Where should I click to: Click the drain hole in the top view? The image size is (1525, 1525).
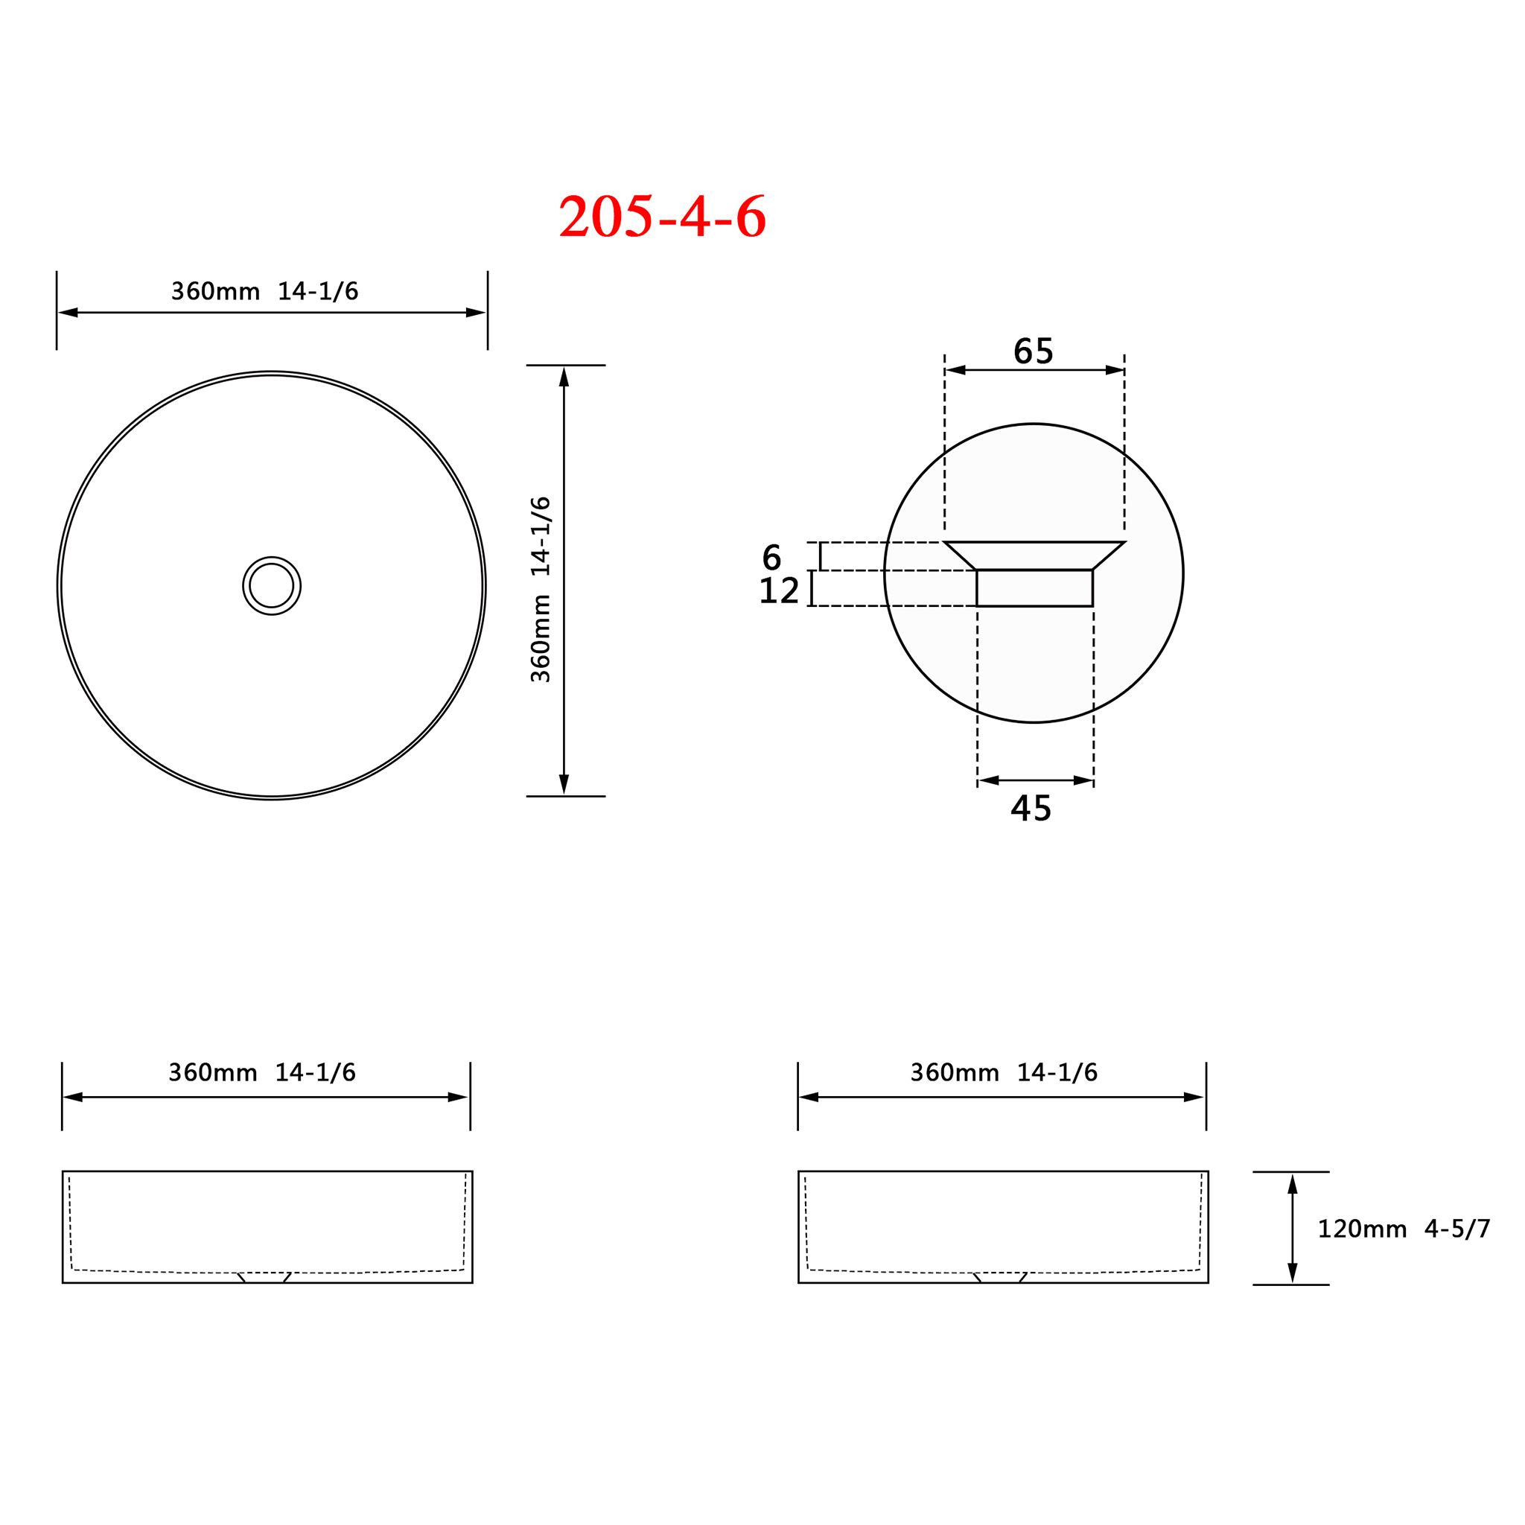pyautogui.click(x=272, y=586)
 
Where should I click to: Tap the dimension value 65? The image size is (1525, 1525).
pyautogui.click(x=1034, y=351)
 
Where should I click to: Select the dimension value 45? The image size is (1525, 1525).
pyautogui.click(x=1031, y=808)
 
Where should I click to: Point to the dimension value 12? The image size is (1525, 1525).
pyautogui.click(x=779, y=591)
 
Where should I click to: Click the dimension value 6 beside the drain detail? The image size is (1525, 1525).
pyautogui.click(x=771, y=558)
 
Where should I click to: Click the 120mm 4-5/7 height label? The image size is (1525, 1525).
pyautogui.click(x=1404, y=1229)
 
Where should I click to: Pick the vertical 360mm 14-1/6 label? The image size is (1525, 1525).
pyautogui.click(x=541, y=590)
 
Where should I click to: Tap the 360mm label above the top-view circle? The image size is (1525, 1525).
pyautogui.click(x=265, y=292)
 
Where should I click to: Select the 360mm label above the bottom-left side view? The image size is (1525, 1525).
pyautogui.click(x=262, y=1073)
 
